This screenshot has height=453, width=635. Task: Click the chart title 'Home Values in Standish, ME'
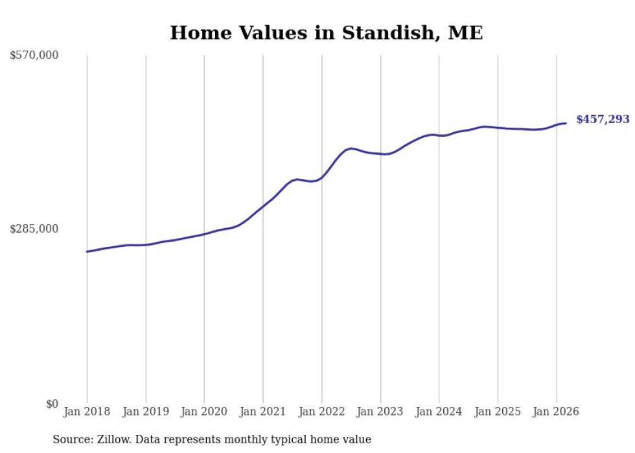(326, 32)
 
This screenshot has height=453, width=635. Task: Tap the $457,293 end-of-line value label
(603, 119)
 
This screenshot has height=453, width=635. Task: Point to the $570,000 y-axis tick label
(34, 56)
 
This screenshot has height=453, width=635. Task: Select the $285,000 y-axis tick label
(34, 229)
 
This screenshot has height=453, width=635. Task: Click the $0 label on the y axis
(52, 404)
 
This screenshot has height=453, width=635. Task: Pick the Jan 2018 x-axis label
(87, 412)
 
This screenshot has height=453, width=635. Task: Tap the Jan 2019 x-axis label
(146, 412)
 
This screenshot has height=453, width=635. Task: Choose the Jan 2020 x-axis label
(204, 412)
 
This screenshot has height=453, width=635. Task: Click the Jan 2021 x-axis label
(263, 412)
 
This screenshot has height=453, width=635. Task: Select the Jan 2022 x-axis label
(321, 412)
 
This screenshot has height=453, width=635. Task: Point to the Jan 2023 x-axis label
(380, 412)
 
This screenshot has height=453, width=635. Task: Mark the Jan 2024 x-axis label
(439, 412)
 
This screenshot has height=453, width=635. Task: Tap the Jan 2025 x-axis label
(498, 412)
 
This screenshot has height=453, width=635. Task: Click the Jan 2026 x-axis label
(556, 412)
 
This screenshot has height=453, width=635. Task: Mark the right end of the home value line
(566, 123)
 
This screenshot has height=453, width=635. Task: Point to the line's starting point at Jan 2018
(87, 251)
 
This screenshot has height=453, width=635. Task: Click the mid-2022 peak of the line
(351, 148)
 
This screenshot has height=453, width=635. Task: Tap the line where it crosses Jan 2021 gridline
(263, 207)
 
